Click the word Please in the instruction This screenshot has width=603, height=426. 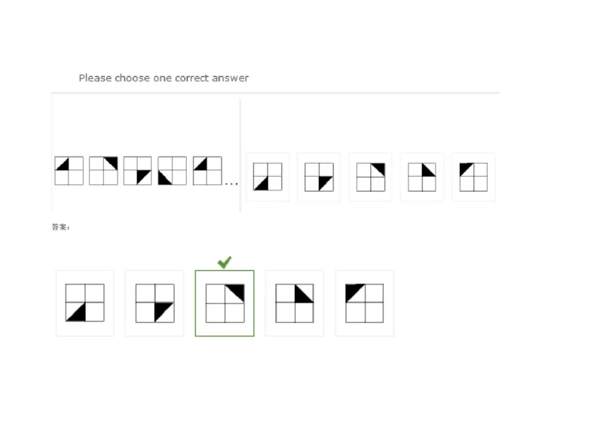(95, 78)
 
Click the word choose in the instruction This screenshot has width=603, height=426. (132, 78)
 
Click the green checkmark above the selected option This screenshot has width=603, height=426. (224, 262)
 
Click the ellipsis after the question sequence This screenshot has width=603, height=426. (231, 184)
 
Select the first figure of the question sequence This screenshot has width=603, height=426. (69, 171)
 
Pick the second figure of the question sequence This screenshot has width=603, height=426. (103, 171)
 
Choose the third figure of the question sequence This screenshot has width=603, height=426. (138, 171)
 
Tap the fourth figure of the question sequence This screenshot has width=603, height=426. (173, 171)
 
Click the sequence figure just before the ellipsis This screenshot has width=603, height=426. (207, 171)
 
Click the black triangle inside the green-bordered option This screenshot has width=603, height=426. (235, 293)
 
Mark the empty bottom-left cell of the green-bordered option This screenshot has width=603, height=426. (215, 312)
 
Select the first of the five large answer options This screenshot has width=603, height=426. (84, 303)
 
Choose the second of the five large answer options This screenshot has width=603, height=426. (155, 303)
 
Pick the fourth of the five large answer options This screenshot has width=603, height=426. (295, 303)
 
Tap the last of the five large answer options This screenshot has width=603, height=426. (365, 303)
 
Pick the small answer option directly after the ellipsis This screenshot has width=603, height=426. (268, 177)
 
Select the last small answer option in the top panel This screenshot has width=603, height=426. (473, 177)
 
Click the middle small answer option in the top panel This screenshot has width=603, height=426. (370, 177)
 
